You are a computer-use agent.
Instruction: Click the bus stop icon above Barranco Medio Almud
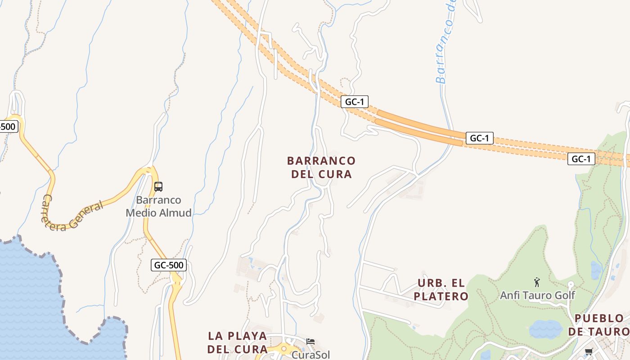pos(158,186)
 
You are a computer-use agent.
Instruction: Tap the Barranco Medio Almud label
pos(159,206)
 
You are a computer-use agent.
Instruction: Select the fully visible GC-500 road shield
pos(169,265)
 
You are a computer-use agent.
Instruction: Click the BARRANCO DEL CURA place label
pos(321,167)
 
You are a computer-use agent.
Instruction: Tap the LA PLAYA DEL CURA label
pos(238,342)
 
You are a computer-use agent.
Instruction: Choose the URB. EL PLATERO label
pos(441,289)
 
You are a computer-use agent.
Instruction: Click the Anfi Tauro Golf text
pos(537,295)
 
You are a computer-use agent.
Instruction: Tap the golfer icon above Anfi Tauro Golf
pos(536,283)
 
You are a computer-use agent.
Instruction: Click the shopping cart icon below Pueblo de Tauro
pos(589,351)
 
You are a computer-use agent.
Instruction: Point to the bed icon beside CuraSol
pos(310,342)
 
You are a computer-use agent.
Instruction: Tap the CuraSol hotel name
pos(310,355)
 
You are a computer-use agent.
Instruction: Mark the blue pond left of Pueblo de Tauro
pos(545,329)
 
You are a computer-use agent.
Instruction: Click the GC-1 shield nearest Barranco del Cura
pos(354,102)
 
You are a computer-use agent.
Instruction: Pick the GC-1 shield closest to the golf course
pos(581,159)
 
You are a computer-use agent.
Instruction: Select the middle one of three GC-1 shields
pos(479,138)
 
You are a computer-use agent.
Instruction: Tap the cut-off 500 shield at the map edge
pos(8,126)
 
